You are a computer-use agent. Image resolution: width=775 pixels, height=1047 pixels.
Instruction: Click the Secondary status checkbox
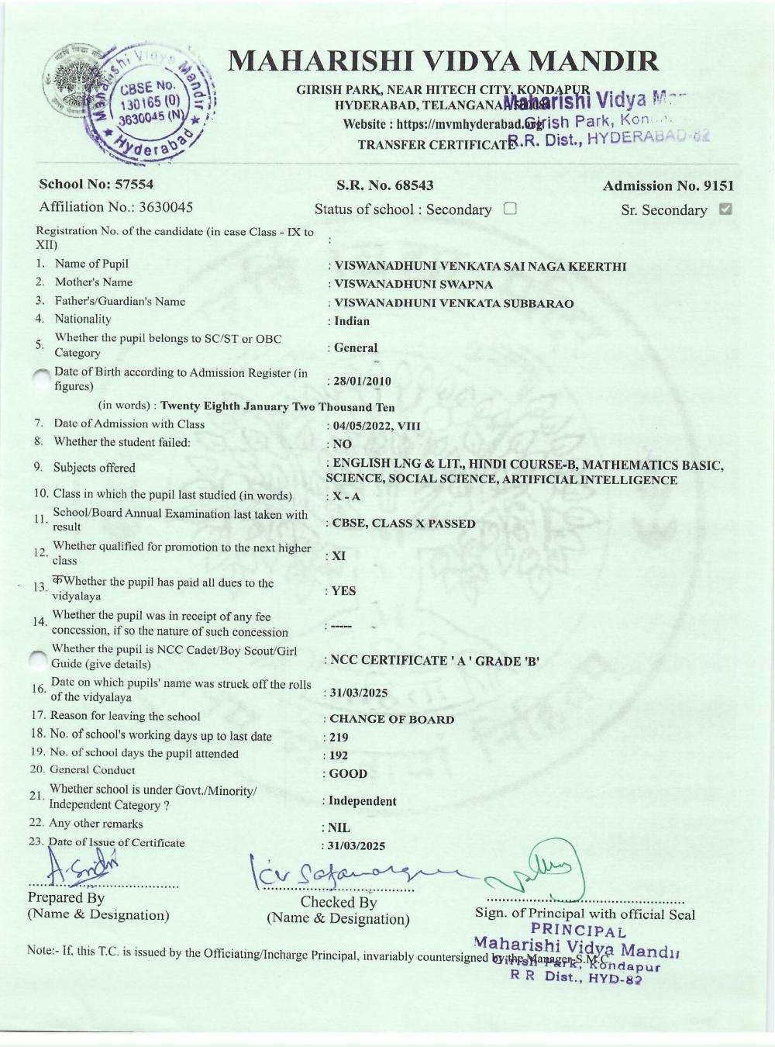point(510,209)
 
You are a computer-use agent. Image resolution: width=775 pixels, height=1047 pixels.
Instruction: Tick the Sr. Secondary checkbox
point(725,209)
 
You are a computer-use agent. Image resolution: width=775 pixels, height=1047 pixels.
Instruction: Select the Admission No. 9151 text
point(668,185)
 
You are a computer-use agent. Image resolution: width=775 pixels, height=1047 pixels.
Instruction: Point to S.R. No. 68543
point(384,185)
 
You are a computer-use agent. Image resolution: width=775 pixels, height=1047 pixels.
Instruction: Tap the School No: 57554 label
point(96,184)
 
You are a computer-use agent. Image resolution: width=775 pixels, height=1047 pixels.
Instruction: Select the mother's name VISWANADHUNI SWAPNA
point(413,285)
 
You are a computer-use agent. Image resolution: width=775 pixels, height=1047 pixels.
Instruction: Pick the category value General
point(355,348)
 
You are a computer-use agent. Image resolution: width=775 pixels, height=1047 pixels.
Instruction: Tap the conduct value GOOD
point(347,774)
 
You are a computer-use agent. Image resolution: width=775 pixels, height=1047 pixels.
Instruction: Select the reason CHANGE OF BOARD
point(391,719)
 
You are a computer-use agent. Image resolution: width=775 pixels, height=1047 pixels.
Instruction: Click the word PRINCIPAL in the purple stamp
point(578,931)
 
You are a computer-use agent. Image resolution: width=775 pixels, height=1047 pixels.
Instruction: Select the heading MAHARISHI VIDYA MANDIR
point(444,61)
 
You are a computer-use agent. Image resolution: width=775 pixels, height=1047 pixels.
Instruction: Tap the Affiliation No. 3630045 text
point(116,207)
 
